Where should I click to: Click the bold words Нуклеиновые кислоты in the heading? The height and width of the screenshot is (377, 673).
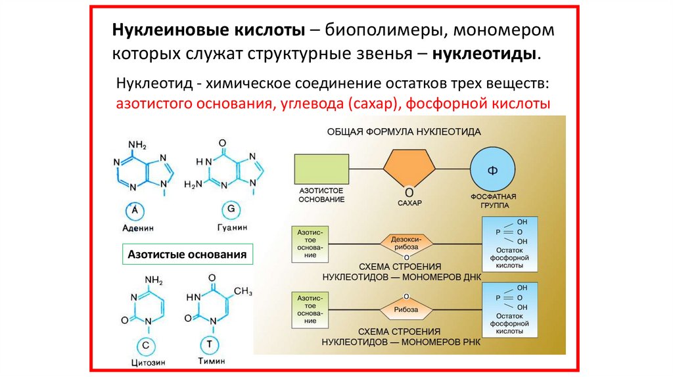(210, 31)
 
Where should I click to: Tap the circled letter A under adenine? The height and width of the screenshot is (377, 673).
(135, 210)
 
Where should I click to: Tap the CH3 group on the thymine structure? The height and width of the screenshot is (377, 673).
(243, 290)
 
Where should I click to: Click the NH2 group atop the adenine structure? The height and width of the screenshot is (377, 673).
(137, 145)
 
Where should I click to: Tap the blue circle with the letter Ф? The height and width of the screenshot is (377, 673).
(492, 169)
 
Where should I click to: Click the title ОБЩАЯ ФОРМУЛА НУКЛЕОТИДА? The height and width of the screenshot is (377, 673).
(404, 131)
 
